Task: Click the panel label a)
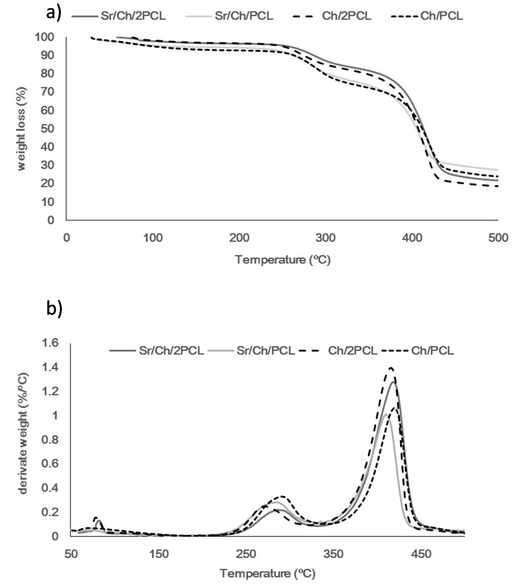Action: click(54, 13)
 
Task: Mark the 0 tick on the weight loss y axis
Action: click(51, 220)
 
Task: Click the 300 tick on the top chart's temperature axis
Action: click(325, 238)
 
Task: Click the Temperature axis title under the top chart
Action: click(283, 260)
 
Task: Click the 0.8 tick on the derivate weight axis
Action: click(50, 439)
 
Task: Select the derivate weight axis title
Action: click(23, 437)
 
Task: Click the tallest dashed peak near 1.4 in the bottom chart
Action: click(391, 368)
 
